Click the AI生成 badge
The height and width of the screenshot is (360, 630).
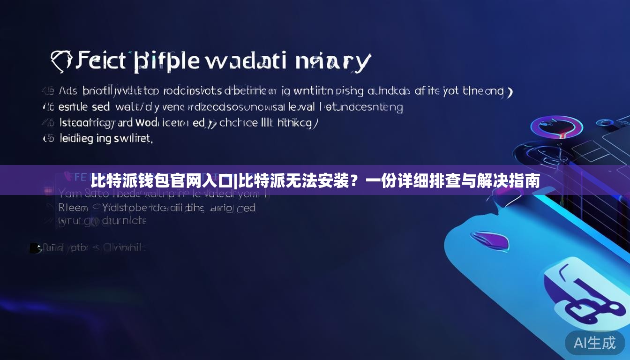point(595,343)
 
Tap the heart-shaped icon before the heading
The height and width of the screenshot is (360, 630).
point(61,61)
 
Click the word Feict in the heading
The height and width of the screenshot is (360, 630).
point(101,61)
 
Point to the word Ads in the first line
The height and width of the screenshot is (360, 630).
point(67,91)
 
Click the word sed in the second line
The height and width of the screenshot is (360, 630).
point(100,107)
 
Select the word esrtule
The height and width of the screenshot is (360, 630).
point(73,107)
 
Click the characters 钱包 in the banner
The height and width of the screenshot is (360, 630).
point(157,180)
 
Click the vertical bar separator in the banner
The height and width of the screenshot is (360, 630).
point(236,180)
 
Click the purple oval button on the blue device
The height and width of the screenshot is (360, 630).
point(488,240)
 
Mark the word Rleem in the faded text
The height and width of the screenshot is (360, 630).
point(73,207)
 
